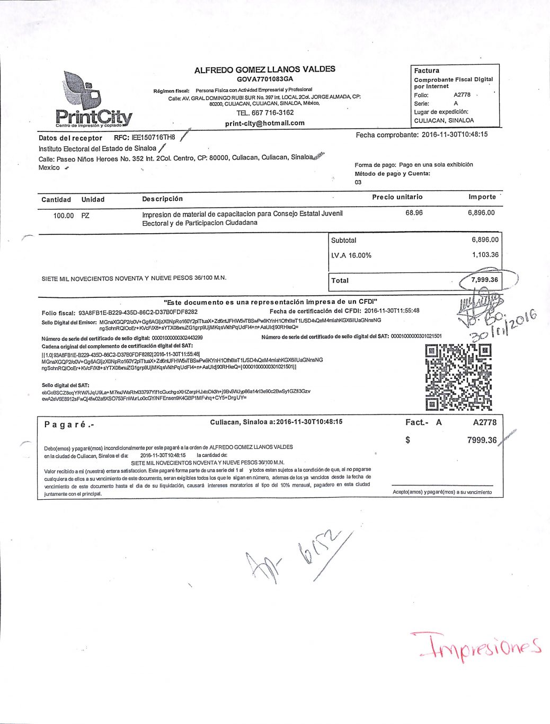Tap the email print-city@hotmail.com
[x=264, y=123]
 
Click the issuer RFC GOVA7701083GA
[x=264, y=78]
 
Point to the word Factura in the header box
[x=427, y=70]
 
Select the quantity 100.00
[x=64, y=216]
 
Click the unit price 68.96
[x=414, y=213]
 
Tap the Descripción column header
[x=162, y=199]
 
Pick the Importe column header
[x=482, y=197]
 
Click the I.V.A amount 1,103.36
[x=485, y=254]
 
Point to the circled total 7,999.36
[x=484, y=279]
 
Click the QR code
[x=458, y=377]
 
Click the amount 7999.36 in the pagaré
[x=482, y=440]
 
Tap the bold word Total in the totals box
[x=340, y=280]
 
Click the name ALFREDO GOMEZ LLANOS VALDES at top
[x=264, y=69]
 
